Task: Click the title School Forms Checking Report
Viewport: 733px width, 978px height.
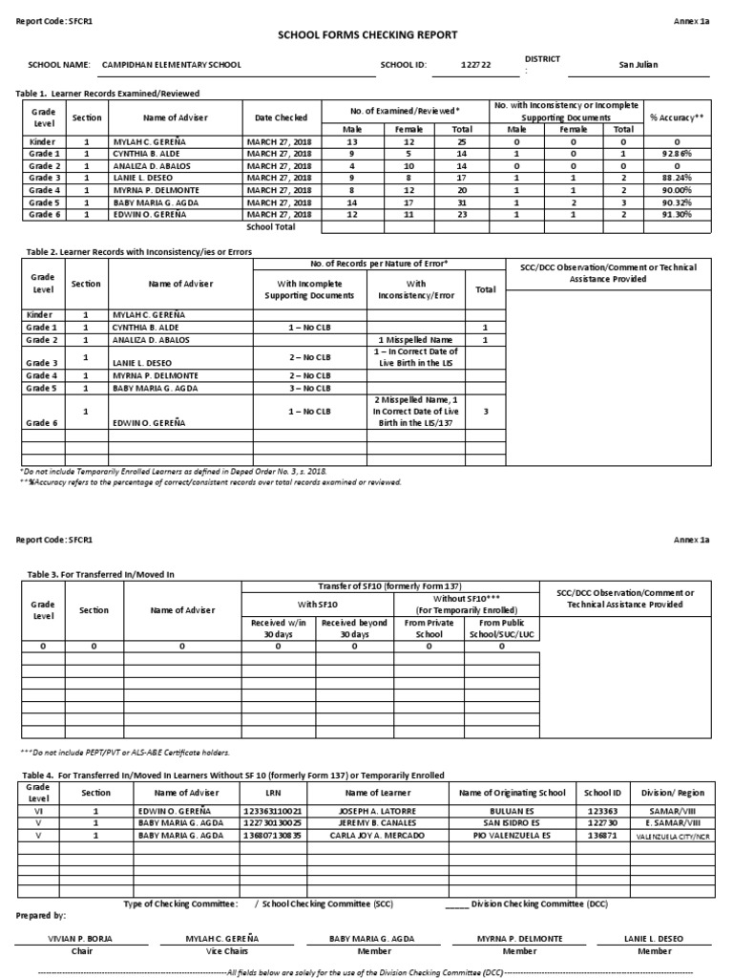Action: (367, 35)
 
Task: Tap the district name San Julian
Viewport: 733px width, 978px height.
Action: (639, 65)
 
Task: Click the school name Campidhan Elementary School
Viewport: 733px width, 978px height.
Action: (171, 65)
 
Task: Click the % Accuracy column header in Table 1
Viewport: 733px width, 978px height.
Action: (677, 117)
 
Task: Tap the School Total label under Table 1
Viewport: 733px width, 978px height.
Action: (271, 227)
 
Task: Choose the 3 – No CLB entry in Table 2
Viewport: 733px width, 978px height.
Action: (309, 388)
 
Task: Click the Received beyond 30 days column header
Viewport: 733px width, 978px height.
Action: (353, 628)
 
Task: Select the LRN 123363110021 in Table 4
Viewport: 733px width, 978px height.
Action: (271, 810)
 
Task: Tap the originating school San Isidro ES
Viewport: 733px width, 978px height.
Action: (513, 822)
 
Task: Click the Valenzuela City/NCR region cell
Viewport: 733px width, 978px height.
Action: (674, 835)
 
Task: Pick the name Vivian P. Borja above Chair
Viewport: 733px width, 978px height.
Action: (80, 939)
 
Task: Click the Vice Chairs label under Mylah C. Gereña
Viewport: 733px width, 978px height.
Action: (222, 951)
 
